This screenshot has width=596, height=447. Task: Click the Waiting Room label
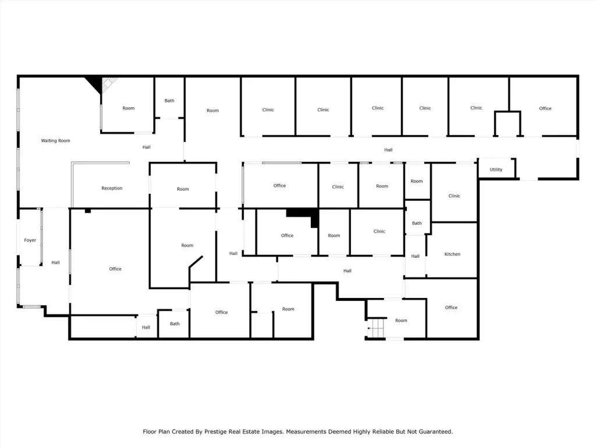pos(55,141)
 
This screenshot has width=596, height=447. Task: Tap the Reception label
pos(112,188)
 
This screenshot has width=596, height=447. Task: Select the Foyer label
pos(30,240)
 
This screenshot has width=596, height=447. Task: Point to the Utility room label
pos(496,169)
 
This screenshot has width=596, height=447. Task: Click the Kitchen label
pos(452,254)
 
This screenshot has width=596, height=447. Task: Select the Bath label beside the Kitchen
pos(417,223)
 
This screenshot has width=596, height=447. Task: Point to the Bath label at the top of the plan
pos(169,101)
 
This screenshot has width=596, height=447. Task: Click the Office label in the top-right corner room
pos(545,108)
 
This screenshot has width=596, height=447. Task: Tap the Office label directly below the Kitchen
pos(451,307)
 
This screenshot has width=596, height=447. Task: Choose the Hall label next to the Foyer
pos(55,262)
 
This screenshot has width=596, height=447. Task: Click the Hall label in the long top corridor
pos(388,150)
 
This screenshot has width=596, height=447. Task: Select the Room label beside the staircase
pos(401,321)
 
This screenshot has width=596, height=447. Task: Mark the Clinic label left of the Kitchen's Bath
pos(379,232)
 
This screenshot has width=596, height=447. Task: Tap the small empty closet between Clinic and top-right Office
pos(508,123)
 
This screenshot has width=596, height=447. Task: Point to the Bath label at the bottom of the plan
pos(175,324)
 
